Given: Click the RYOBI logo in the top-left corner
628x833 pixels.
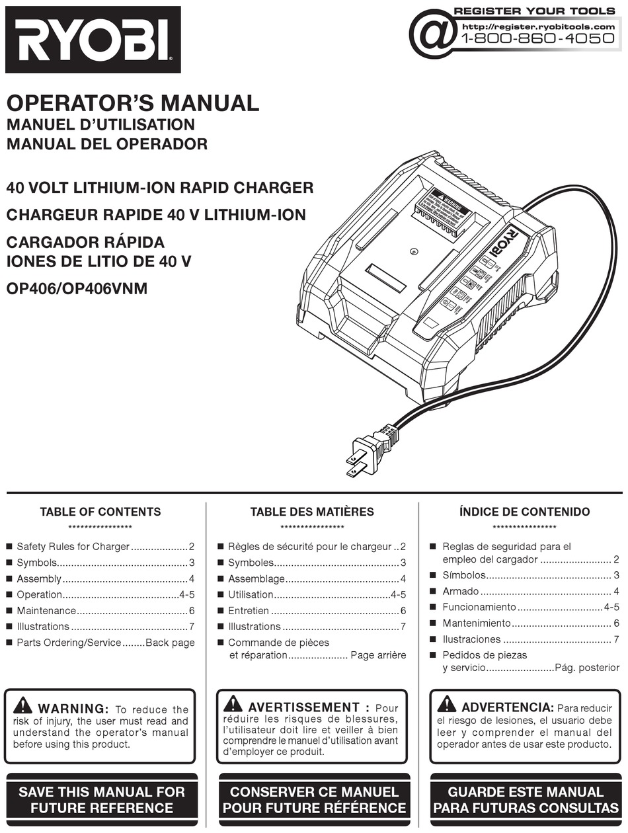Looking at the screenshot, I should coord(93,39).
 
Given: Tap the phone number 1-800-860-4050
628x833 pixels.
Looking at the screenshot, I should coord(537,39).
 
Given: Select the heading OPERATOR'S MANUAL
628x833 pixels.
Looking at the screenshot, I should coord(132,103).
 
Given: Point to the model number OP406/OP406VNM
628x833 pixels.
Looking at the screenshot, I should coord(77,288).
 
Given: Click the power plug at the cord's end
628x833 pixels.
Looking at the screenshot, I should coord(367,452).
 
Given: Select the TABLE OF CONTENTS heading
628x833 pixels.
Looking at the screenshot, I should coord(100,512).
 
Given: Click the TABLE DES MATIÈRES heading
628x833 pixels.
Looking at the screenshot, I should coord(312,512).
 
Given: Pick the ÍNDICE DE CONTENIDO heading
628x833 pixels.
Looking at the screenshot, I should coord(524,512).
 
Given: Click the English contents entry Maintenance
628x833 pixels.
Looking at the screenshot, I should coord(46,611).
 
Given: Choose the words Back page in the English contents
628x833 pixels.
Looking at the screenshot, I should coord(170,643).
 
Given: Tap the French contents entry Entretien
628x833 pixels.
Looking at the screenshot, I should coord(249,611).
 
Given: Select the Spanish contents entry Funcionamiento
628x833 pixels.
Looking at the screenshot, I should coord(479,607).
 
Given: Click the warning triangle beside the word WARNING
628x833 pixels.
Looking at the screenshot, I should coord(22,704).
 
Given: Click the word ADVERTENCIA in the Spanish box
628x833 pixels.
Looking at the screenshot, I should coord(507,708).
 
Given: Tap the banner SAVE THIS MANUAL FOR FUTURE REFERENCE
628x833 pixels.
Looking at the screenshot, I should coord(102,800).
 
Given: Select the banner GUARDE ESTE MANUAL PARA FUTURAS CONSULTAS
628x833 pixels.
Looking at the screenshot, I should coord(526,800).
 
